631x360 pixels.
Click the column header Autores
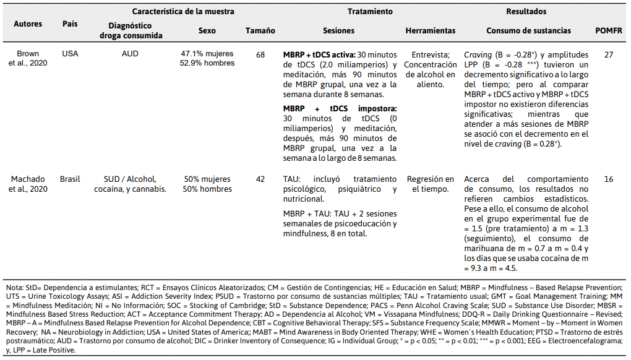click(28, 24)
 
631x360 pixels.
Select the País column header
click(70, 24)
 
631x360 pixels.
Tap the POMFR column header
click(608, 30)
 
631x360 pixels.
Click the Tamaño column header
click(260, 30)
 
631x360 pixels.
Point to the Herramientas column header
click(430, 30)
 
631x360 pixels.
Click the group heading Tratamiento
click(369, 11)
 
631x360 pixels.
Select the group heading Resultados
click(526, 11)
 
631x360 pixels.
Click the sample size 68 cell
click(260, 54)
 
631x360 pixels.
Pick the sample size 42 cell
click(260, 179)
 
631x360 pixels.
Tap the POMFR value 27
click(609, 54)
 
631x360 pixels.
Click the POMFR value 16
click(609, 179)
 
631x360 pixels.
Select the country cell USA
click(70, 54)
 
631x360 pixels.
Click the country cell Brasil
click(70, 179)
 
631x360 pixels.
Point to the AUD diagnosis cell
click(130, 54)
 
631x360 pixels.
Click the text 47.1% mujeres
click(207, 54)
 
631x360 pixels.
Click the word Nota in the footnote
click(14, 288)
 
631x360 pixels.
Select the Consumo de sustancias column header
click(528, 30)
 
